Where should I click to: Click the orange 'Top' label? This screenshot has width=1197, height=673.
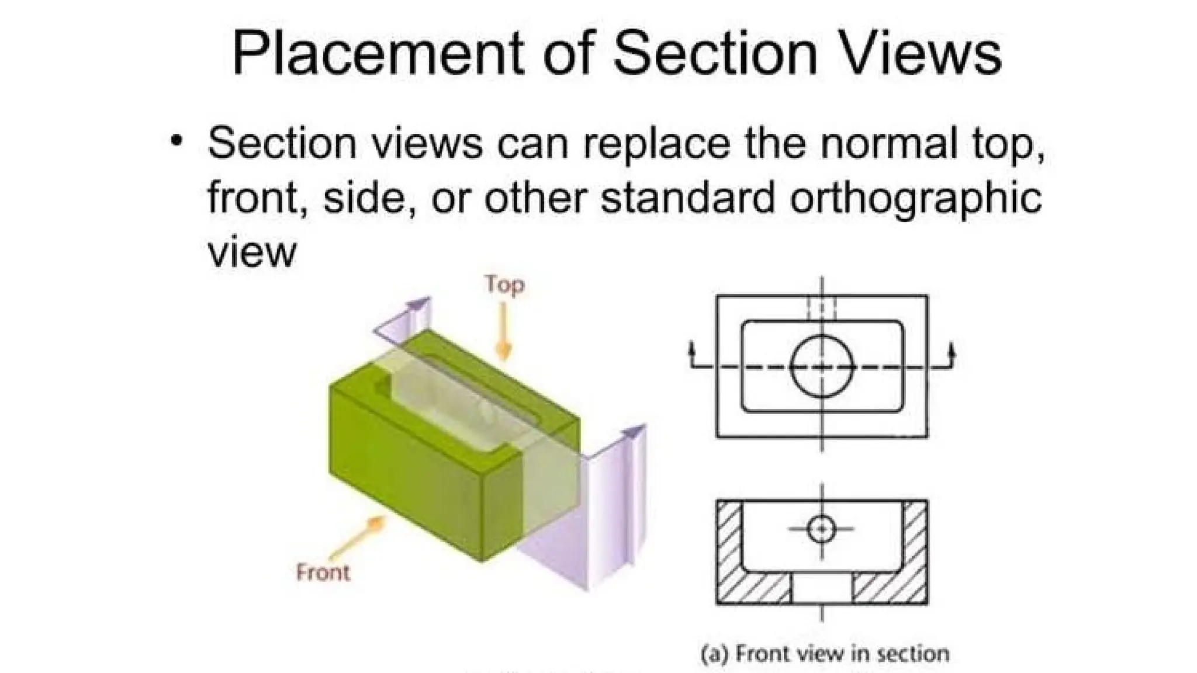(504, 285)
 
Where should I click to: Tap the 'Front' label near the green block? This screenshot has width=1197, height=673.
(323, 572)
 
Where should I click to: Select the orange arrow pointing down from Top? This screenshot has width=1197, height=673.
(503, 333)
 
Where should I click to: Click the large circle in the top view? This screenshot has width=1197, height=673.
(822, 366)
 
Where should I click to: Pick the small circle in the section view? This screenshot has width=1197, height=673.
(822, 529)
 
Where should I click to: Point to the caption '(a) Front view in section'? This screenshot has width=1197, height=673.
(825, 653)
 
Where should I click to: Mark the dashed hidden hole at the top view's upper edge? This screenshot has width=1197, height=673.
(822, 307)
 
